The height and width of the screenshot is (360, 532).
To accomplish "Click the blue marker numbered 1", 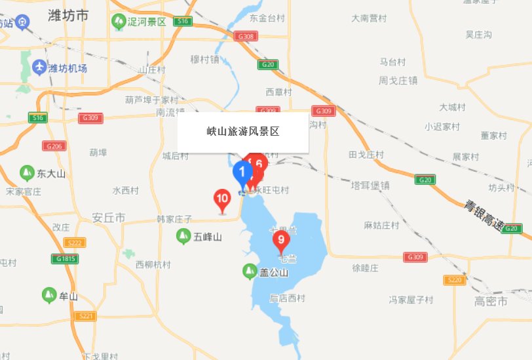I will point(242,173).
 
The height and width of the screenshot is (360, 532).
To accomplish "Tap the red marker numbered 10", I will point(222,199).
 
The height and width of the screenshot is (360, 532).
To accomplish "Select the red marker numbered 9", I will point(281,240).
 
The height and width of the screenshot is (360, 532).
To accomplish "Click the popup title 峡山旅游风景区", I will point(243,132).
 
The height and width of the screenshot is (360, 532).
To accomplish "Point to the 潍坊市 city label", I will point(68,16).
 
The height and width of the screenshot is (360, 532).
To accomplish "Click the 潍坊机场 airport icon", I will point(39,68).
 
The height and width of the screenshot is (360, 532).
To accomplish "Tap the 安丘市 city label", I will point(108,218).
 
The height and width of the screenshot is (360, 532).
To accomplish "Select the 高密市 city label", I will point(491,302).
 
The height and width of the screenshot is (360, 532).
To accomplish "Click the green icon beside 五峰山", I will point(183,236).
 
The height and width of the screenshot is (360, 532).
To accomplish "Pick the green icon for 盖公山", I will point(249,270).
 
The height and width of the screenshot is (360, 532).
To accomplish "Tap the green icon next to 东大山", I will point(27,174).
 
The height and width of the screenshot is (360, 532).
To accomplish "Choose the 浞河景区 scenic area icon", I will point(118,22).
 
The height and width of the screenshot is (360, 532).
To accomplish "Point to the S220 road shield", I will point(455,280).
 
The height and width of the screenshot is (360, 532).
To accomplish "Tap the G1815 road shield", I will point(67,259).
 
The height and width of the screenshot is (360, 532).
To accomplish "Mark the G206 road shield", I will point(56,146).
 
